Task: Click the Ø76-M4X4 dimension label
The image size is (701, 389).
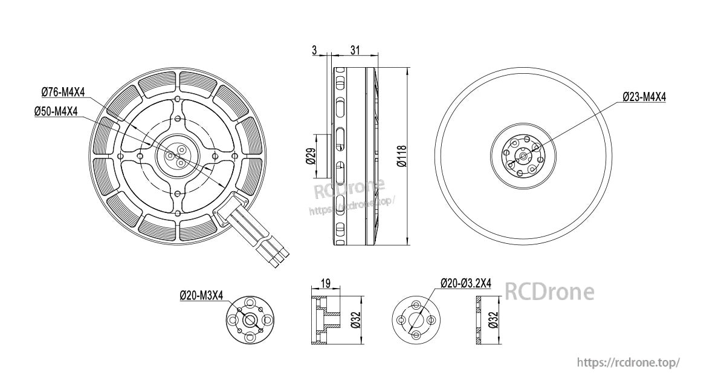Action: [63, 92]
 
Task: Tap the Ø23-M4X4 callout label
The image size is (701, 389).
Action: [645, 96]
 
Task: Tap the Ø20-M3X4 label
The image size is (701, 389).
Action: [201, 295]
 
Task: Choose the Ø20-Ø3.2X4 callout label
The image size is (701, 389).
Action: [465, 283]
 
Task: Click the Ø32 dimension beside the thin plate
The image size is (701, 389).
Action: [493, 320]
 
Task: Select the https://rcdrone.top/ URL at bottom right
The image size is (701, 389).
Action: [628, 362]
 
